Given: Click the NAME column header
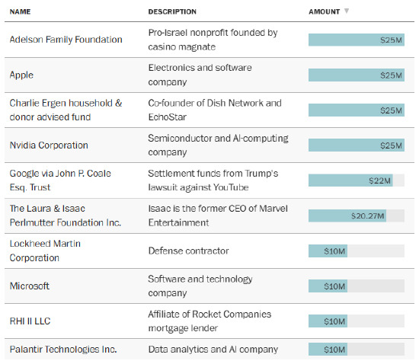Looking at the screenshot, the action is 20,11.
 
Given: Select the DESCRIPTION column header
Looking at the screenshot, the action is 172,11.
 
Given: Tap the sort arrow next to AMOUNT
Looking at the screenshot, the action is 347,11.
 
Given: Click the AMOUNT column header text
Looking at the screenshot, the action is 324,11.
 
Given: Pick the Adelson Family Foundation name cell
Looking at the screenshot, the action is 66,40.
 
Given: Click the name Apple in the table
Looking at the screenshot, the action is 21,75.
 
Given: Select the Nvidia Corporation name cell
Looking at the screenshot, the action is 49,145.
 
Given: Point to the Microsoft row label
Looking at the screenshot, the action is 30,286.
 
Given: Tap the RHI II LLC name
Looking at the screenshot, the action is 30,321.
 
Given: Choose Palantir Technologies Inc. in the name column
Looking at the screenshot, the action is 63,350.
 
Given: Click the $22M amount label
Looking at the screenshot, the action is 379,180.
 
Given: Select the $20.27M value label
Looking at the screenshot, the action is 368,216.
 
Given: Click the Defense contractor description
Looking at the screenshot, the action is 188,251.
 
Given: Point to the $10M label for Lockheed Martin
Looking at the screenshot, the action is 334,251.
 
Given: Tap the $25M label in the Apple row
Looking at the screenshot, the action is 391,75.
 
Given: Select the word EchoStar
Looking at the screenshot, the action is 168,117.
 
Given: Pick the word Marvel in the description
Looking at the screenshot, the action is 273,209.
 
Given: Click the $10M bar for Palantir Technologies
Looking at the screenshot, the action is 328,350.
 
